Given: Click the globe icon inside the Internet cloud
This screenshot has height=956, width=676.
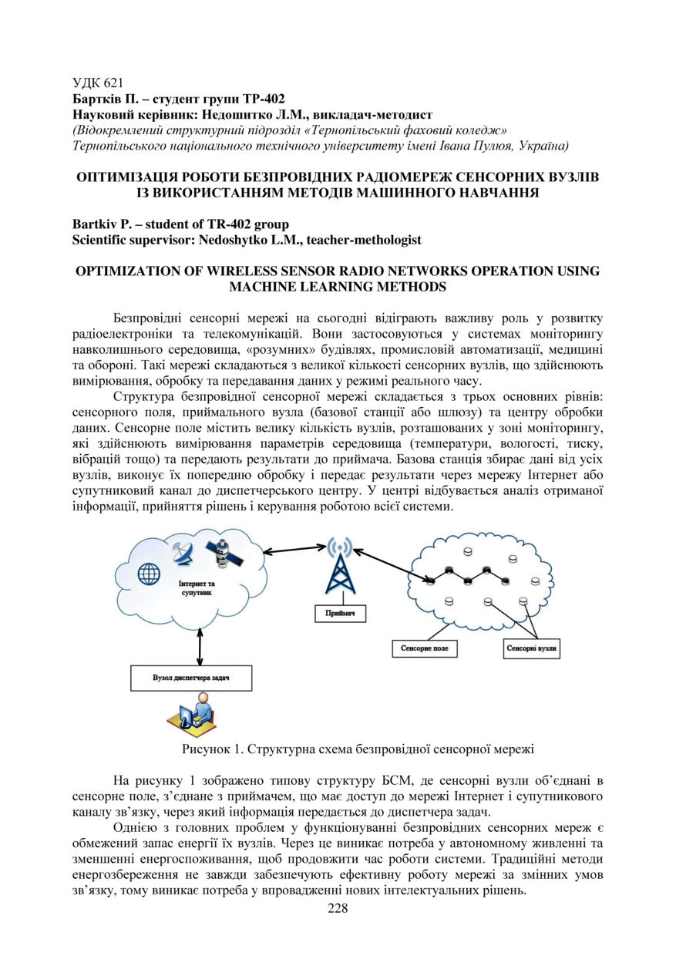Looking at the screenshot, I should coord(149,574).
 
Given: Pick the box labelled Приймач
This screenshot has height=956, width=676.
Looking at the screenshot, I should coord(339,614).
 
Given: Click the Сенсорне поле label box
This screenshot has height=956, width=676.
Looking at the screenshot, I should coord(424,649).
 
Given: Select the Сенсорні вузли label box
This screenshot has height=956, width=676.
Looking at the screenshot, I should coord(531,649).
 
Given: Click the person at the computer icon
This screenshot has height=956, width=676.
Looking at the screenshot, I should coord(190,715).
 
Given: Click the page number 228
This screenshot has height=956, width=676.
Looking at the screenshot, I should coord(338,908).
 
